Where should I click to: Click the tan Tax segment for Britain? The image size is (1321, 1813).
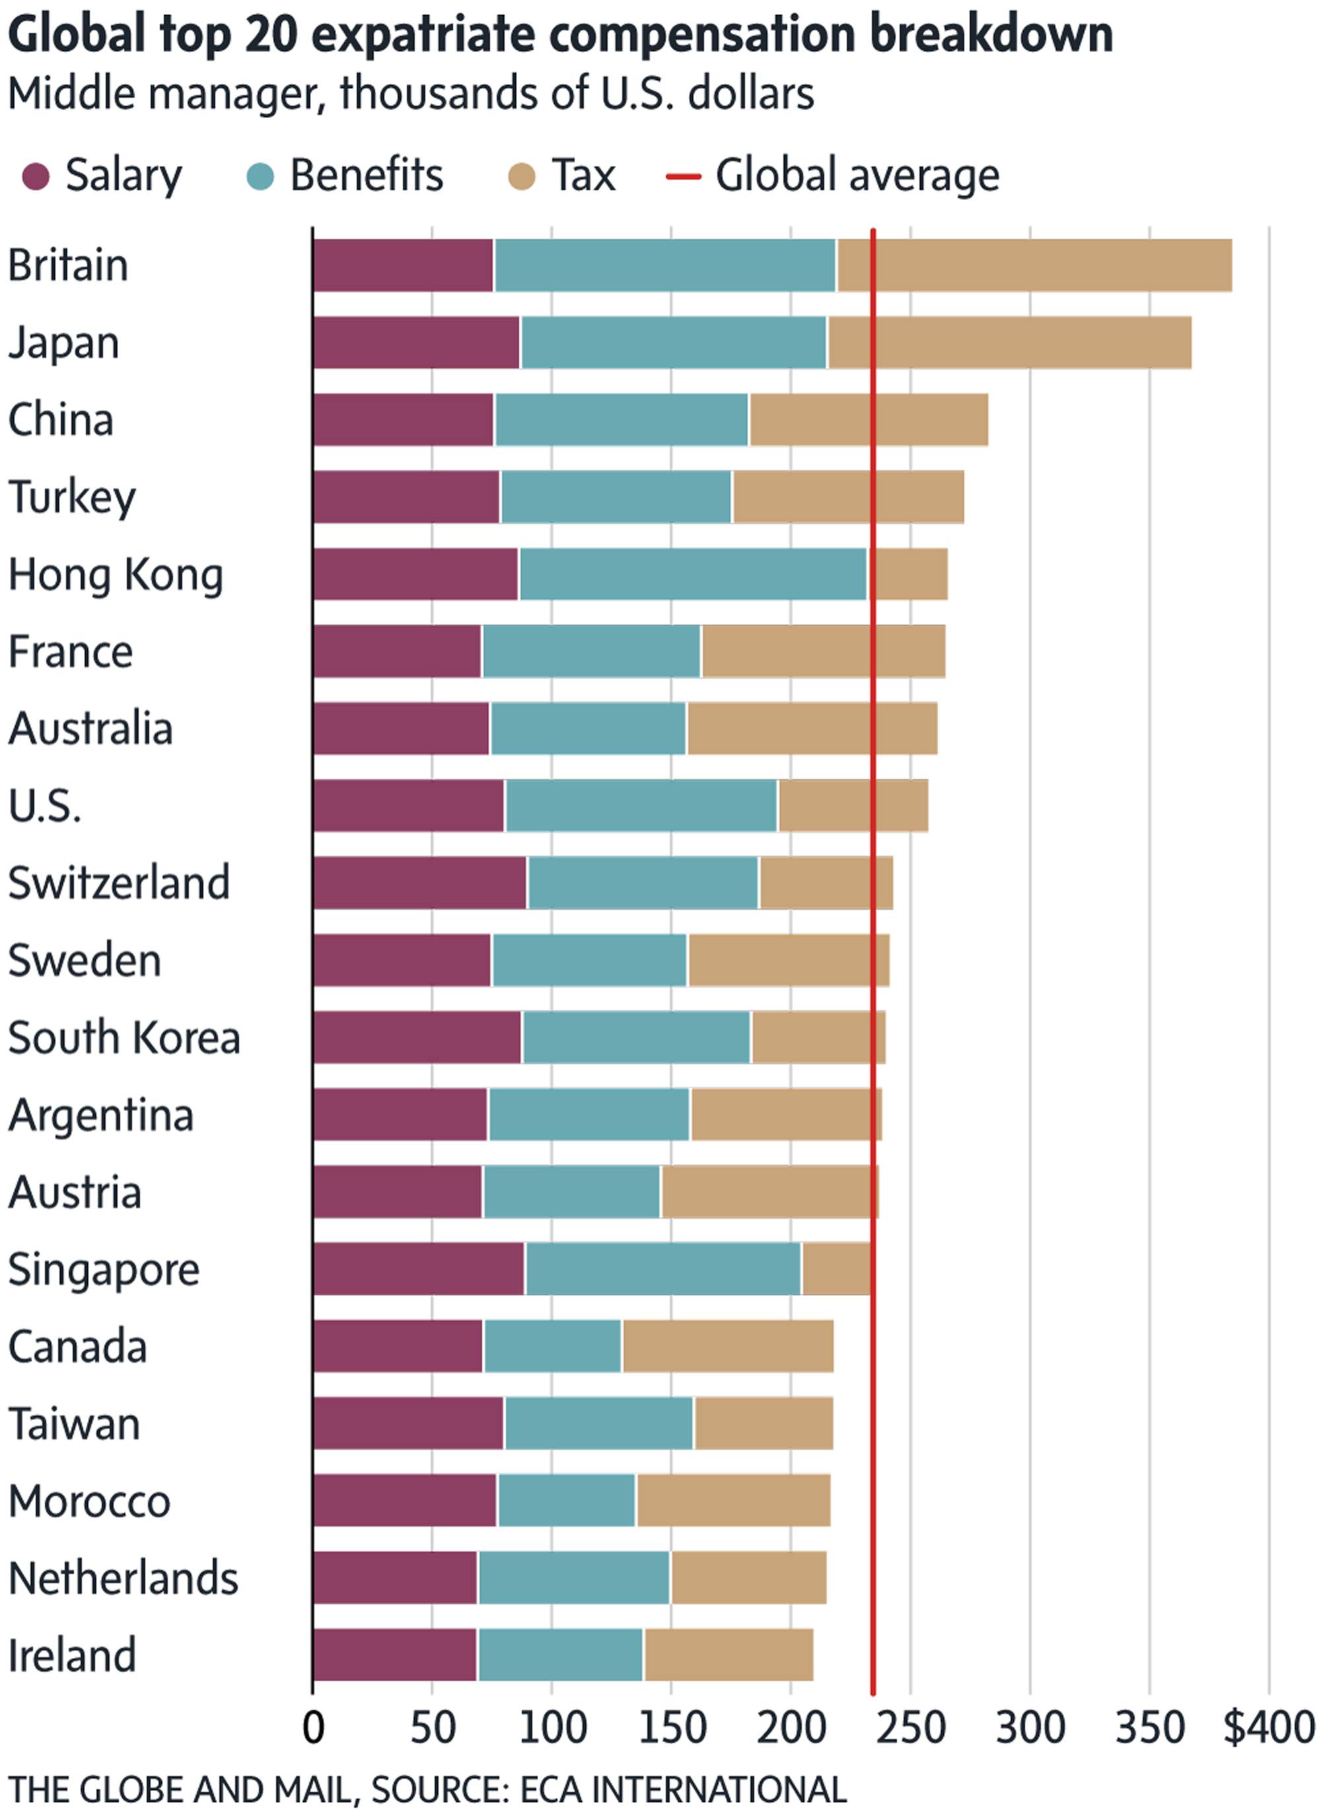1033,265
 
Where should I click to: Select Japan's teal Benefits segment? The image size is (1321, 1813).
672,342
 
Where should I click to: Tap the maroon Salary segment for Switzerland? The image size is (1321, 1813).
420,883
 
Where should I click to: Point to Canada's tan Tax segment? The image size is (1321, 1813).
728,1346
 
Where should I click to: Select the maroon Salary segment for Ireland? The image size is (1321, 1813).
395,1655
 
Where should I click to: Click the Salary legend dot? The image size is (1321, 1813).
36,176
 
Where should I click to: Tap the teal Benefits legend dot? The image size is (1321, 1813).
261,176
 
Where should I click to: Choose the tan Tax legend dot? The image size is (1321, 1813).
521,176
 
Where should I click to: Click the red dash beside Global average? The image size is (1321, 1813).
683,176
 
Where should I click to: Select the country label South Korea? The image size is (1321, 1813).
124,1038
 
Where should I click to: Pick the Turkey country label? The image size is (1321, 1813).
72,497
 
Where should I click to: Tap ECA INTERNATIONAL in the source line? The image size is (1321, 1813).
683,1789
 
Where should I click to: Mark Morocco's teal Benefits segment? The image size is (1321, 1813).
566,1501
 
